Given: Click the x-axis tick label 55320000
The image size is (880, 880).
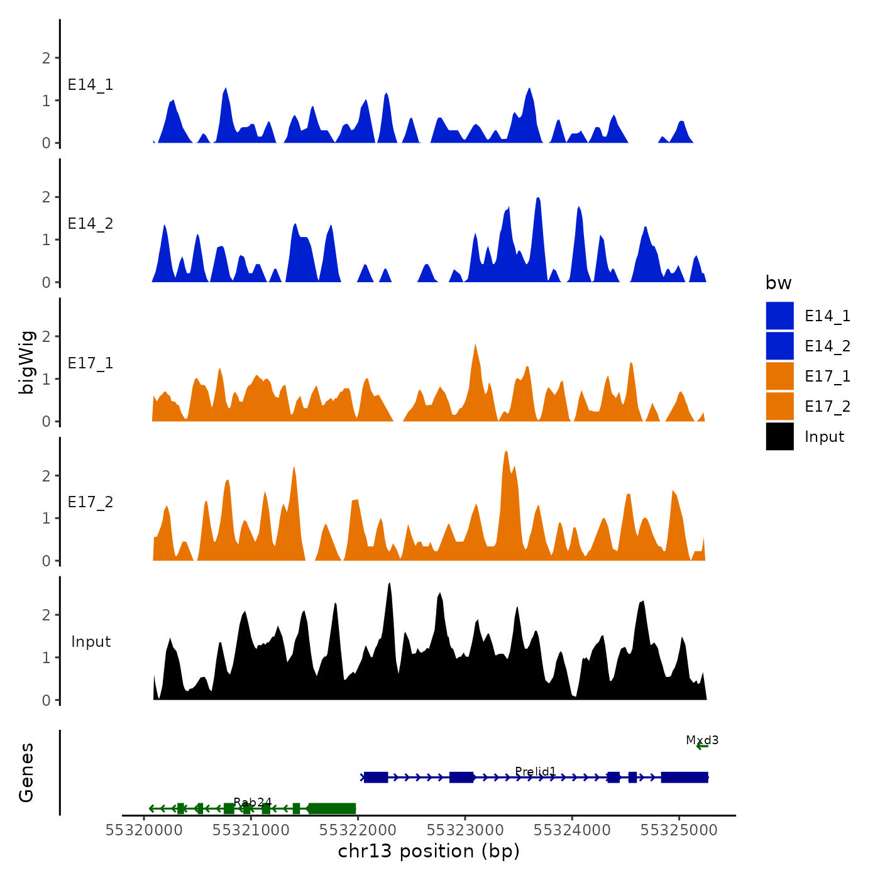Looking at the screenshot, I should (x=144, y=830).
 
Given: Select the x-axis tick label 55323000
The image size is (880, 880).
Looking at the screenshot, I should (x=465, y=830).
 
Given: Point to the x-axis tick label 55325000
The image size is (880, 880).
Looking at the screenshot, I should (x=679, y=830).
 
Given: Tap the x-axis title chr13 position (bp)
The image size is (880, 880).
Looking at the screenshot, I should (x=429, y=852).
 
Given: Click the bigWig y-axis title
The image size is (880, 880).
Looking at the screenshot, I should (x=26, y=362).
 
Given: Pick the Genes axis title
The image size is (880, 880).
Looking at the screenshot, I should (x=26, y=773).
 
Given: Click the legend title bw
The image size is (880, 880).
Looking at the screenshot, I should (x=778, y=283).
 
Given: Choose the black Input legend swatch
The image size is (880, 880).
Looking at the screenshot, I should (x=779, y=436).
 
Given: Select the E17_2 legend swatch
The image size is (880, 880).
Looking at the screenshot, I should (x=779, y=406).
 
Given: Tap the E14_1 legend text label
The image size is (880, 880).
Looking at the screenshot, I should (x=827, y=316).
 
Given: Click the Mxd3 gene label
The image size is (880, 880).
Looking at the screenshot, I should (x=702, y=740).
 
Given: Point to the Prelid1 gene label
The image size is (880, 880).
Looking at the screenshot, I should (x=536, y=771).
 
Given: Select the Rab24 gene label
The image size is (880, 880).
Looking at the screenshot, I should (x=252, y=802).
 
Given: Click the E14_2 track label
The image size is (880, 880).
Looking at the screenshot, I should (x=91, y=224).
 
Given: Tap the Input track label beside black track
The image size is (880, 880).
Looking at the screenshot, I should (x=91, y=642).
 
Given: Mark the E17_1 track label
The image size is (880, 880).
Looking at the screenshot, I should (x=91, y=363).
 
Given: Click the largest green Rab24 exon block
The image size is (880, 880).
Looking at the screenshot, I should (x=333, y=808).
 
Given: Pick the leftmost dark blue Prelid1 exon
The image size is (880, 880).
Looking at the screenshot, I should (x=376, y=778).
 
